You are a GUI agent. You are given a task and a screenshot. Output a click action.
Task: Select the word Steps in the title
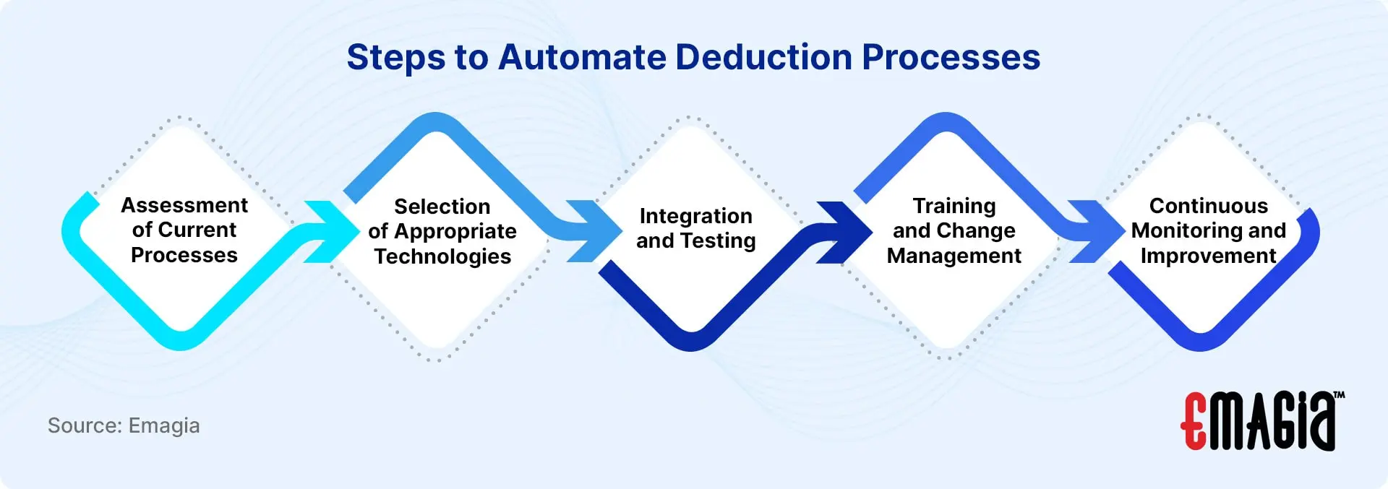(x=395, y=57)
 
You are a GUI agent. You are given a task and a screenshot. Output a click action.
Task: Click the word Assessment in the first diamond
(x=184, y=205)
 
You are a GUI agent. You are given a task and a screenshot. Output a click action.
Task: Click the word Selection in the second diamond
(x=442, y=207)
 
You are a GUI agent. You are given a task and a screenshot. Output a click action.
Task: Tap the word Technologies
(x=442, y=256)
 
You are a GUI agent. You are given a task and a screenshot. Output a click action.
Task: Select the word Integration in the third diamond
(x=695, y=217)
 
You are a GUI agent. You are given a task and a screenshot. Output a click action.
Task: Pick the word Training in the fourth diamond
(x=954, y=207)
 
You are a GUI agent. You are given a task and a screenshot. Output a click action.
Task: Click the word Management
(x=954, y=256)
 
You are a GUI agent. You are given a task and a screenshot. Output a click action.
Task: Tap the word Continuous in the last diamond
(x=1209, y=206)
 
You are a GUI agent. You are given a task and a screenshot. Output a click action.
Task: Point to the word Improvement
(x=1209, y=256)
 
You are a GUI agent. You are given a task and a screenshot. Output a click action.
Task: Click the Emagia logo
(x=1262, y=421)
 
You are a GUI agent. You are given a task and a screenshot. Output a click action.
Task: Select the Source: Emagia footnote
(x=124, y=425)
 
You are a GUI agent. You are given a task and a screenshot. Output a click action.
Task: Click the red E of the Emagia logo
(x=1194, y=422)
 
